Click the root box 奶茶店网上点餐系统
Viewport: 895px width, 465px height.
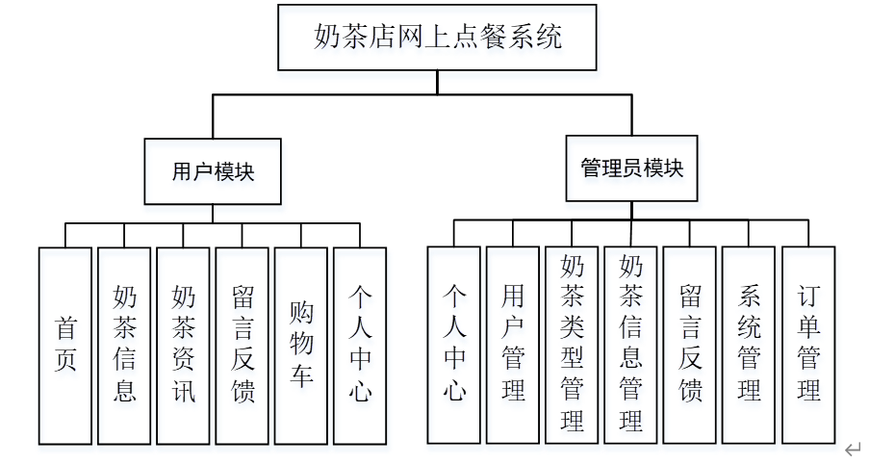click(x=437, y=38)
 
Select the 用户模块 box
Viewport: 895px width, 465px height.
click(x=213, y=171)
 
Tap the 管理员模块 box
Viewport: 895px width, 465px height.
click(x=631, y=168)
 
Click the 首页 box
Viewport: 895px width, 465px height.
click(x=65, y=345)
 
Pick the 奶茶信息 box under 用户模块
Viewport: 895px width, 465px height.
click(x=124, y=345)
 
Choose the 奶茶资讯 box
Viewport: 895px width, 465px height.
click(x=183, y=345)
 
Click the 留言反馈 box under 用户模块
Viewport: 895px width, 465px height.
click(x=243, y=345)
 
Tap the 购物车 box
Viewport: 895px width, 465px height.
click(x=301, y=345)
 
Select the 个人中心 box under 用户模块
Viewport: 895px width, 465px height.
click(x=360, y=345)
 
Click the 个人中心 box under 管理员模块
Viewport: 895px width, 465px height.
click(x=454, y=345)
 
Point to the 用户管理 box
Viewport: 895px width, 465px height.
click(x=513, y=345)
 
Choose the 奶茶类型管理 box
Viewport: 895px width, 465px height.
click(x=572, y=345)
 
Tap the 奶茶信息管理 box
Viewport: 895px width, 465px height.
click(x=631, y=345)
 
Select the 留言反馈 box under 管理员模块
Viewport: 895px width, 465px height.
click(x=690, y=345)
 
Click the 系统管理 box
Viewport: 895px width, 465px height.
click(x=749, y=345)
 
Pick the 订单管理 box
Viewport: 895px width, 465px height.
click(x=808, y=345)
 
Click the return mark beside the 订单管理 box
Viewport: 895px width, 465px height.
click(x=853, y=449)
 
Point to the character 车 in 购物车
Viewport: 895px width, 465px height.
click(x=301, y=375)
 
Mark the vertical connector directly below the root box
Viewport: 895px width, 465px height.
click(x=437, y=82)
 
